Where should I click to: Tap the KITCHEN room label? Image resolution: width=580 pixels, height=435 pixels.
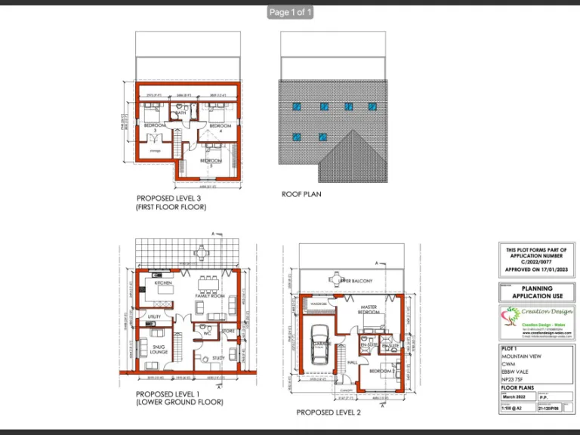click(x=164, y=282)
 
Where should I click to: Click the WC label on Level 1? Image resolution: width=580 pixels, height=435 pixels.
click(x=207, y=331)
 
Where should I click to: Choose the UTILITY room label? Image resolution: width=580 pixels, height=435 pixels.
click(x=155, y=316)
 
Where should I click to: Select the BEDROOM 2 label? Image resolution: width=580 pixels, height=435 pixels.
click(x=381, y=372)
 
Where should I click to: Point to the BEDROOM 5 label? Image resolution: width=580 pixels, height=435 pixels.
click(x=211, y=162)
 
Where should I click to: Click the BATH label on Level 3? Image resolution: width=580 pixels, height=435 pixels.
click(x=181, y=113)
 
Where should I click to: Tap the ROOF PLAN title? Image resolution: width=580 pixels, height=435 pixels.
click(x=301, y=194)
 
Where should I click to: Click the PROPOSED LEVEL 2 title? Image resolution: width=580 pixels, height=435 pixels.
click(x=329, y=412)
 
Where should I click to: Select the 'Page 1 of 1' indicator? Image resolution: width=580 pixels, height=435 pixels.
click(x=290, y=12)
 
